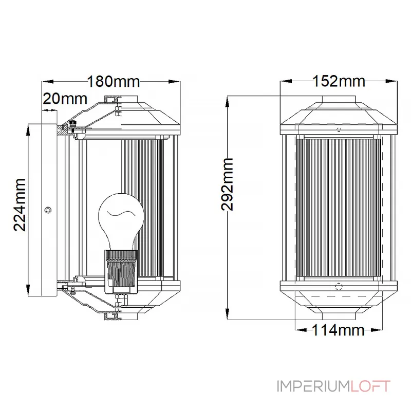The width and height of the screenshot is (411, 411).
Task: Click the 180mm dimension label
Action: (113, 82)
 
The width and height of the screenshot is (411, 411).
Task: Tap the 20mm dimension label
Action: (65, 99)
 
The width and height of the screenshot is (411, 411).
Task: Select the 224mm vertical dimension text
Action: (20, 204)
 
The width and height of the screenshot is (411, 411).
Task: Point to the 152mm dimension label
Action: (339, 81)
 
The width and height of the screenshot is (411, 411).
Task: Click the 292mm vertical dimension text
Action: (227, 184)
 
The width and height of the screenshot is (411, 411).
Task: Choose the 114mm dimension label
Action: (338, 330)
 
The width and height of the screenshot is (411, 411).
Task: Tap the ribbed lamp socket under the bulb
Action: (121, 271)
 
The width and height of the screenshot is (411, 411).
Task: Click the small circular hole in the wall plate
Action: (48, 210)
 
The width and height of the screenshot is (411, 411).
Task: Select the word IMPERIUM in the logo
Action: (314, 386)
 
